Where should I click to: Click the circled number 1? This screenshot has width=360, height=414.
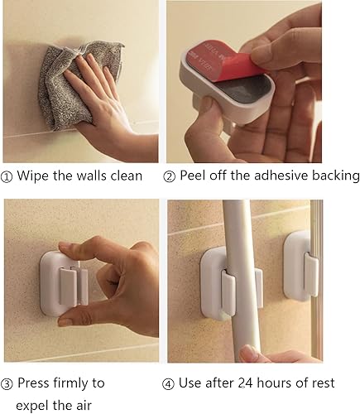point(8,176)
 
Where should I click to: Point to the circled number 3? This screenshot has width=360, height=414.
point(8,383)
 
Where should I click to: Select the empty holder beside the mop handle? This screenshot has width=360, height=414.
point(300,265)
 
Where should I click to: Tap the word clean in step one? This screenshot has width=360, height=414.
point(126,176)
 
